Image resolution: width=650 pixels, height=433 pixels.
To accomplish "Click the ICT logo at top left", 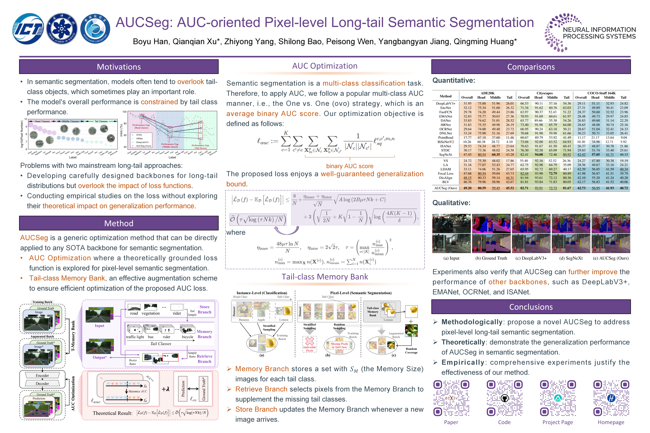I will tap(28, 29).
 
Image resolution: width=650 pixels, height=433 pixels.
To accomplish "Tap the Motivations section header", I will tap(119, 67).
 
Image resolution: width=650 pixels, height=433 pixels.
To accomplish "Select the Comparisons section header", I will tap(531, 67).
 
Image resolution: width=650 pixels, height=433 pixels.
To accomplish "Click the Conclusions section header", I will tap(531, 307).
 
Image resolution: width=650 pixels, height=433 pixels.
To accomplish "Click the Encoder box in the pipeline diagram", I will tap(42, 376).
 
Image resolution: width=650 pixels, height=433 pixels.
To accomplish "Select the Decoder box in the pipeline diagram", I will tap(42, 384).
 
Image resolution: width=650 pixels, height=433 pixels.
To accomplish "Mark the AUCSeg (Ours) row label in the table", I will tap(446, 188).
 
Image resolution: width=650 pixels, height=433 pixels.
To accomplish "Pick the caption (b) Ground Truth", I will tap(491, 258).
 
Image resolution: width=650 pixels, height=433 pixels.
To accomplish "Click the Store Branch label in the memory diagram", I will tap(204, 309).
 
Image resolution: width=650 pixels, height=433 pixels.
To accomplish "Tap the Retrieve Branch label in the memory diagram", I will tap(204, 359).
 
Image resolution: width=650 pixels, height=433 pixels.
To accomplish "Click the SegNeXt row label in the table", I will tap(446, 155).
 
